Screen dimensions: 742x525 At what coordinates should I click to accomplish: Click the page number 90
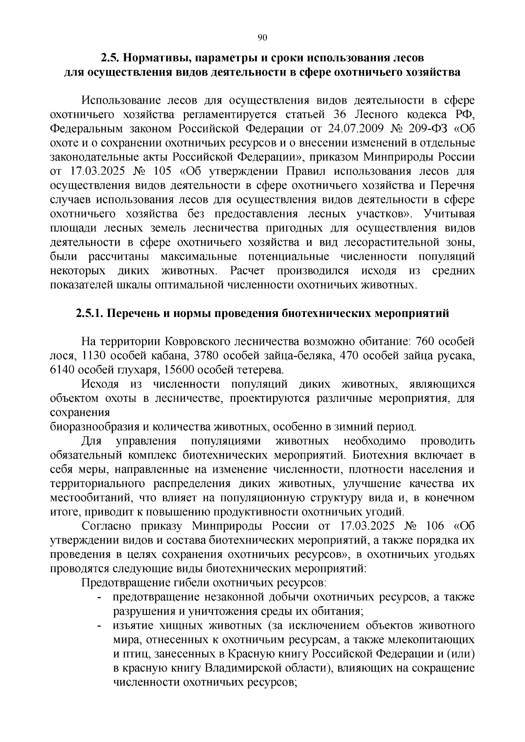pos(262,38)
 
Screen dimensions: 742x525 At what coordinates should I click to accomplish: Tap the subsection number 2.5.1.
pos(89,314)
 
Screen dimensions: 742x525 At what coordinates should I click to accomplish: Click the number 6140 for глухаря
pos(63,370)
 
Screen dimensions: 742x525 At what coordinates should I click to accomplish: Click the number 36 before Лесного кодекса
pos(340,115)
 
